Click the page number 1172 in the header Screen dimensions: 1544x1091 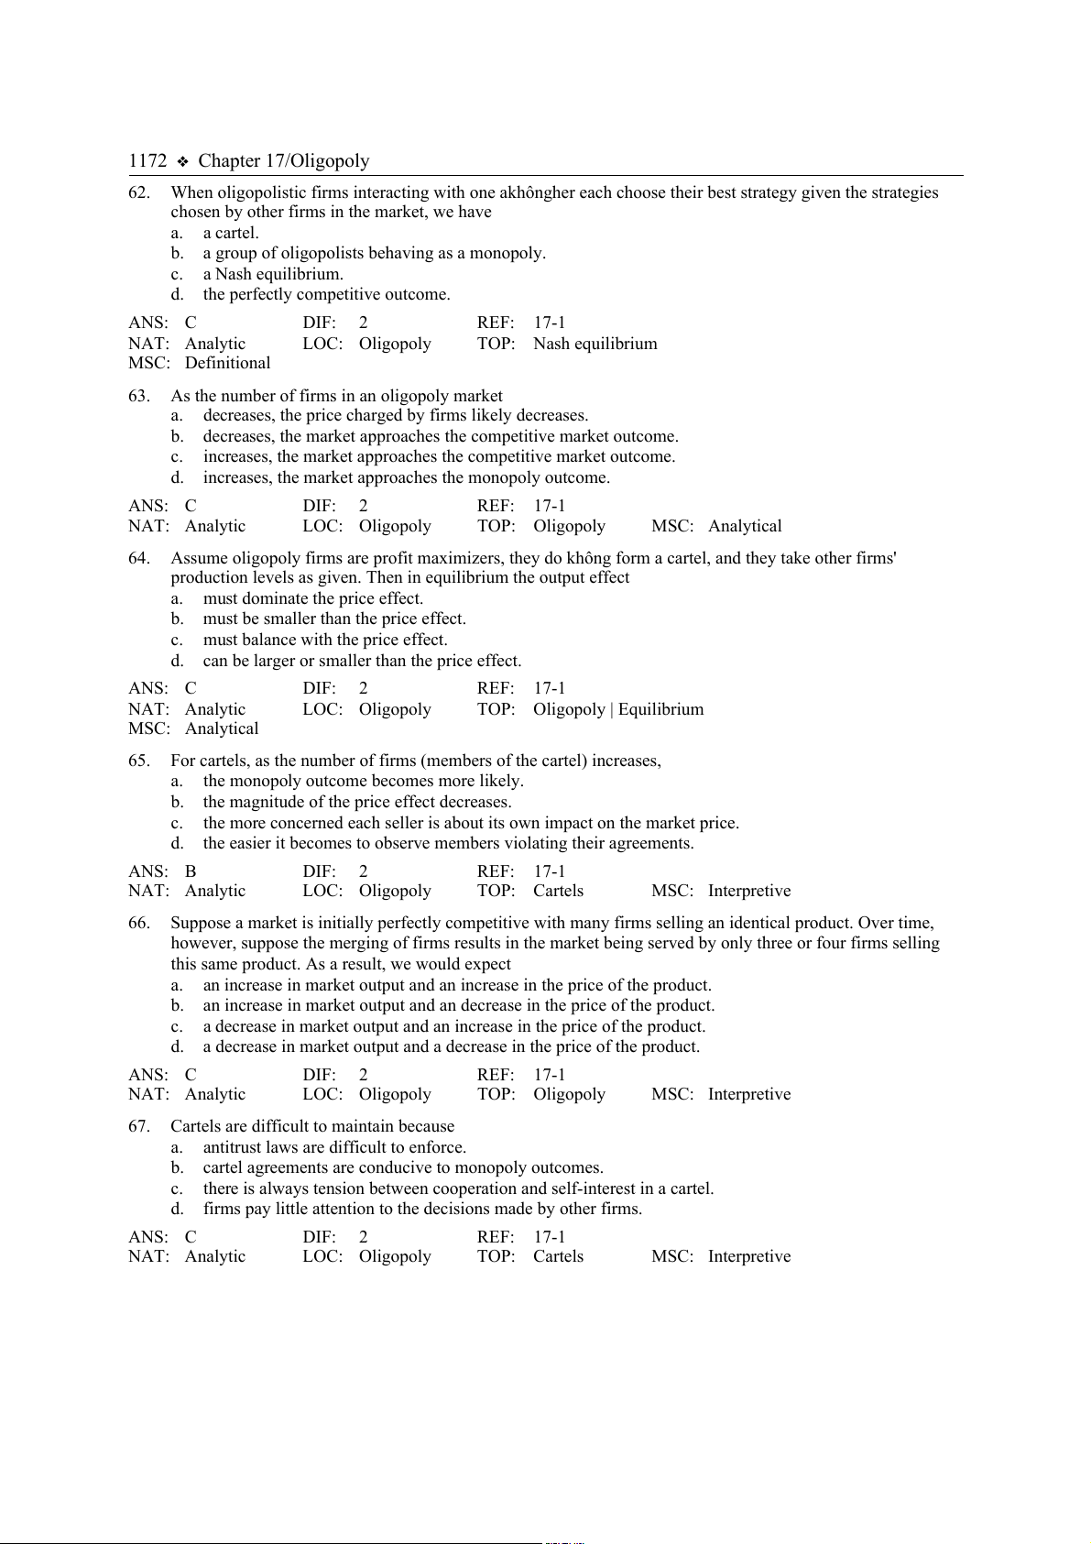[147, 161]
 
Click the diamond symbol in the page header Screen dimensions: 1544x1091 [182, 162]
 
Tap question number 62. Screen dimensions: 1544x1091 [139, 192]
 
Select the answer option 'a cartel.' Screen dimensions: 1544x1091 [231, 233]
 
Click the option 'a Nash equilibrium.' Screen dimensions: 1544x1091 [273, 274]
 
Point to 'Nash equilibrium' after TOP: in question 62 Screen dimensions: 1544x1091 [595, 344]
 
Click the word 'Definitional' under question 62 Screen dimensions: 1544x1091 [227, 363]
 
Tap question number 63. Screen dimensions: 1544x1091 [139, 396]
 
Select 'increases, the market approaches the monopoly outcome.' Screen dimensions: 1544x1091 [406, 477]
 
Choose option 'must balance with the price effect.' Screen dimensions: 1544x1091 [325, 640]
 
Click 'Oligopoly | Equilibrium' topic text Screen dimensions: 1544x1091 [618, 709]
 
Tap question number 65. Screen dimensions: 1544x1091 [139, 761]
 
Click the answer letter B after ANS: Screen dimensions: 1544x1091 [191, 871]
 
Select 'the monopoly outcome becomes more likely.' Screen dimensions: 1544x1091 [363, 781]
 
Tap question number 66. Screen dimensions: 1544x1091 [139, 923]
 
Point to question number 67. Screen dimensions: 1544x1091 [139, 1126]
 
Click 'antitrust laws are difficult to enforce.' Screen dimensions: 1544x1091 [334, 1147]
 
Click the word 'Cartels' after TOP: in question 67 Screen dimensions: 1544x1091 [558, 1256]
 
